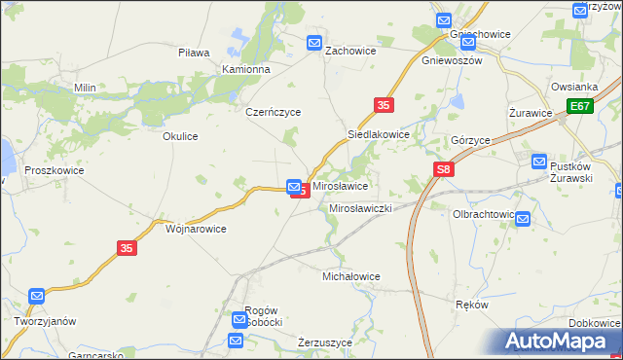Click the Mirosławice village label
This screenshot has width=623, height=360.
tap(339, 185)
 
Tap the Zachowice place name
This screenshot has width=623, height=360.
tap(350, 51)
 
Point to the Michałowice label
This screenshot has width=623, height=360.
tap(351, 276)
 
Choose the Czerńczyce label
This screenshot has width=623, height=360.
tap(274, 112)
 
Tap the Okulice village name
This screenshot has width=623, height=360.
tap(180, 136)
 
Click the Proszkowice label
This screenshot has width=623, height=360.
tap(55, 170)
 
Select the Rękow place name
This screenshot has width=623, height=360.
tap(472, 304)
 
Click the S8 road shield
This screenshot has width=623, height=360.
tap(444, 170)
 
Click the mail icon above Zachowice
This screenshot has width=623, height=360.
tap(314, 43)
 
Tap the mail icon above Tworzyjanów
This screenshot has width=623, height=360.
tap(37, 295)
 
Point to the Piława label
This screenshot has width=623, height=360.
tap(195, 53)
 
